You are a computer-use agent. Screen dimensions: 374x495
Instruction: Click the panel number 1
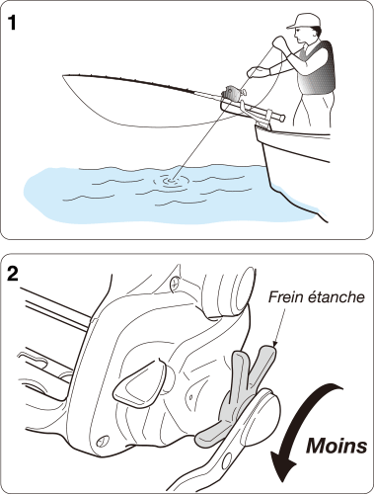click(12, 23)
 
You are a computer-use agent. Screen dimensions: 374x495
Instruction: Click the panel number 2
click(13, 275)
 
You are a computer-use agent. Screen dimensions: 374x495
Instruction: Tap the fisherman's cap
click(302, 21)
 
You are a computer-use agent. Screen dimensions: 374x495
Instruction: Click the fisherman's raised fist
click(279, 42)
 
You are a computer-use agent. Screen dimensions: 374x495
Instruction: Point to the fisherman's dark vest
click(317, 68)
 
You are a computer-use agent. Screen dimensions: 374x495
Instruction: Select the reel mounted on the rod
click(234, 93)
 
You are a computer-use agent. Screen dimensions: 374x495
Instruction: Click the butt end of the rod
click(281, 118)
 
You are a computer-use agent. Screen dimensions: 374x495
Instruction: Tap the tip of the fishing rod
click(63, 76)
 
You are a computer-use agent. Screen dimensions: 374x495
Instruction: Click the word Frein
click(286, 297)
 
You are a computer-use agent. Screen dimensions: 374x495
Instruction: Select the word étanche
click(336, 297)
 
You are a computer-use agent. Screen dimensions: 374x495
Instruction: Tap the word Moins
click(337, 447)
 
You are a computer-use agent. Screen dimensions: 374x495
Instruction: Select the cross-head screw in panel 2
click(176, 283)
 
